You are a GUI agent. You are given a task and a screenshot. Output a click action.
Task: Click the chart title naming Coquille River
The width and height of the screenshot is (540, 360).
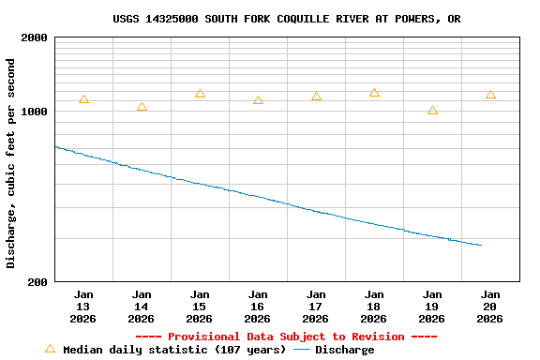point(286,19)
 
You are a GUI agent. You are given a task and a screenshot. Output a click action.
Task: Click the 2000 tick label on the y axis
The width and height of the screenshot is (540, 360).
point(35,38)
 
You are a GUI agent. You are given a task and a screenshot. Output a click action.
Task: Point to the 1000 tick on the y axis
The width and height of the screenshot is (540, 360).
point(35,112)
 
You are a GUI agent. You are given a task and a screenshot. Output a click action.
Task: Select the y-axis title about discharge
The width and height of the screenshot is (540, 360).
point(11,163)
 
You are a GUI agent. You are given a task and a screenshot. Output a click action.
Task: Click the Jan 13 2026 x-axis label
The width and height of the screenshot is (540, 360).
point(83,307)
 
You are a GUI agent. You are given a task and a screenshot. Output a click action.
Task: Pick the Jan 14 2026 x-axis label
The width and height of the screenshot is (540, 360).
point(142,307)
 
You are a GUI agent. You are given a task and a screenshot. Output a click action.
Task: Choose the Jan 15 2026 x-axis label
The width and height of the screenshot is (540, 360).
point(200,307)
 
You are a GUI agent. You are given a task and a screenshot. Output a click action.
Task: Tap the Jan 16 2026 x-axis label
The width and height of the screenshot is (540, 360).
point(258,307)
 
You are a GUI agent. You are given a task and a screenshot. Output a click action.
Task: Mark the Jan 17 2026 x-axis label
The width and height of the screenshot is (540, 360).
point(316,307)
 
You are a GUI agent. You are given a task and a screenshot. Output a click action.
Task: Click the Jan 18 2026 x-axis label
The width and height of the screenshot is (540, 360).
point(374,307)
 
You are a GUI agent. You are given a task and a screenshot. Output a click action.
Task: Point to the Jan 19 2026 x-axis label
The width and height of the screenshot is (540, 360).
point(432,307)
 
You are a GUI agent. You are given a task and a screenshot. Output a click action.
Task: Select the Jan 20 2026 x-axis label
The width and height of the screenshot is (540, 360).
point(490,307)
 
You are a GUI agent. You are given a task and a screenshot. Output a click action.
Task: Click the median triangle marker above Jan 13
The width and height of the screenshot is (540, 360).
point(83,99)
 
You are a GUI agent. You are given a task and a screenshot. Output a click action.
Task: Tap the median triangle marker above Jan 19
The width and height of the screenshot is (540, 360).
point(432,111)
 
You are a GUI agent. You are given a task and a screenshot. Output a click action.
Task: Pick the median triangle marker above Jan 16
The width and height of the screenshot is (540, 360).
point(258,100)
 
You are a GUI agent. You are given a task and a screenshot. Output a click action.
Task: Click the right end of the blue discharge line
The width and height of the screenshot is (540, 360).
point(481,246)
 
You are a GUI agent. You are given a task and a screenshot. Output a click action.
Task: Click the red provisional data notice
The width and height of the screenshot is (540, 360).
point(286,337)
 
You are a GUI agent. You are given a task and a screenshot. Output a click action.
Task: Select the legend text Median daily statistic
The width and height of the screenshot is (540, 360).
point(174,350)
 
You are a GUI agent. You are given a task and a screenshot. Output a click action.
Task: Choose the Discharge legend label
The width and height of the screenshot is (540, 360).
point(344,350)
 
